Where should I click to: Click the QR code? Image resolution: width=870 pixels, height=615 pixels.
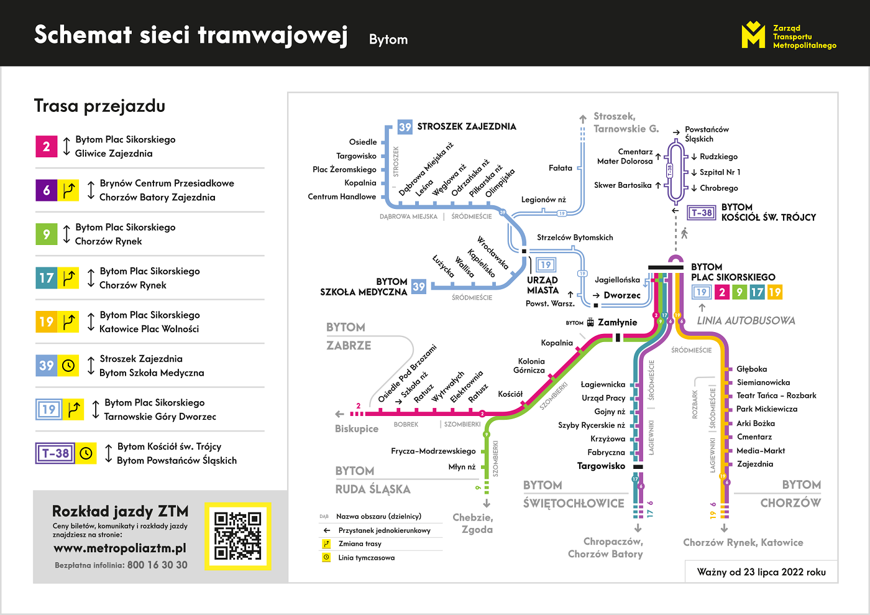(x=238, y=535)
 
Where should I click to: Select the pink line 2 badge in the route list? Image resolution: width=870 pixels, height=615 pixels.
(x=47, y=147)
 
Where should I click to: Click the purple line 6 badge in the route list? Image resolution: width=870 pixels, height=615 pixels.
(x=47, y=190)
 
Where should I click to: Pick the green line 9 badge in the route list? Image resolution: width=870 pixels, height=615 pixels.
(x=47, y=234)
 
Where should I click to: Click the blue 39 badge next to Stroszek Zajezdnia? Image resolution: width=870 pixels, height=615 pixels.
(x=405, y=127)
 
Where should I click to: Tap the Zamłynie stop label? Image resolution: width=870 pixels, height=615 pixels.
(x=617, y=322)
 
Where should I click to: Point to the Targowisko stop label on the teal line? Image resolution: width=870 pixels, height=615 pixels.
(x=601, y=466)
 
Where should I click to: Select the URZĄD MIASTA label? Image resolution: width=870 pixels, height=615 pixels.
(x=543, y=285)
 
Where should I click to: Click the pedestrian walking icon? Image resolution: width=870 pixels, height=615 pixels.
(x=684, y=233)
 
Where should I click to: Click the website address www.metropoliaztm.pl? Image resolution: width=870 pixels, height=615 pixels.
(x=120, y=548)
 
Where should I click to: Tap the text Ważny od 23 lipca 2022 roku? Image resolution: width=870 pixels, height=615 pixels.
(x=761, y=572)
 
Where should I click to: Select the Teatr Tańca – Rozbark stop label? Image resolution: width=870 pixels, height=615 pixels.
(x=776, y=395)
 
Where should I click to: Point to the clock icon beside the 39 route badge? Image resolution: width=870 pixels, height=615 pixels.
(x=69, y=366)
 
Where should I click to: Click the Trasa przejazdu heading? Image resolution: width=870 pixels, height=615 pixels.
(x=99, y=106)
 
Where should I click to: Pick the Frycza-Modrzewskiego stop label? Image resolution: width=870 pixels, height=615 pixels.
(x=433, y=451)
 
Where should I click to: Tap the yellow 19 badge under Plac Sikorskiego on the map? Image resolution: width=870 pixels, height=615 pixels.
(x=774, y=292)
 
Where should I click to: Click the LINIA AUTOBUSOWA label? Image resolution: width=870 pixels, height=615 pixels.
(x=746, y=321)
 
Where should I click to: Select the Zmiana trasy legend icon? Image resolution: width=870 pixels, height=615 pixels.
(x=326, y=544)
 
